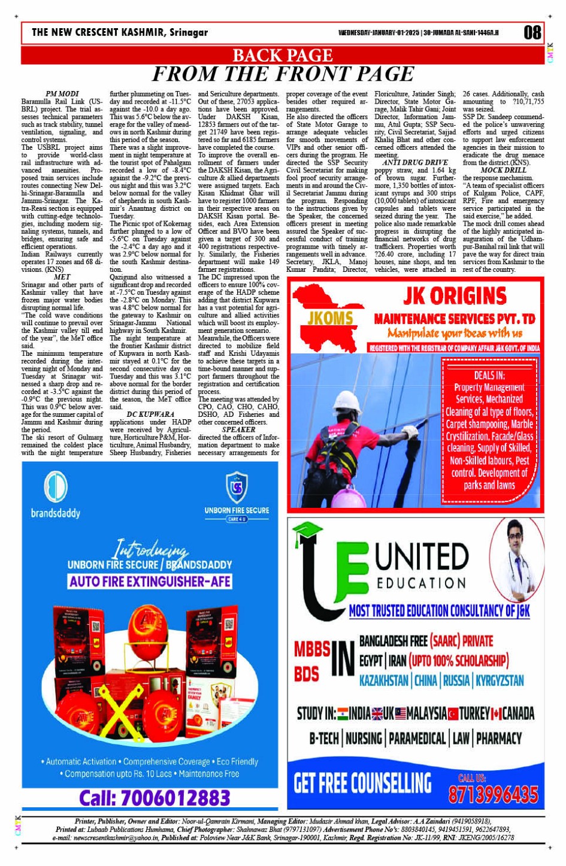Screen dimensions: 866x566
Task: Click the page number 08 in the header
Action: pos(532,32)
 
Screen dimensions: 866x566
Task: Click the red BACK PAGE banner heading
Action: pos(282,56)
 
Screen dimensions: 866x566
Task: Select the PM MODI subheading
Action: pos(62,94)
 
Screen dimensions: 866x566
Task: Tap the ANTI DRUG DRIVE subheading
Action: pos(415,162)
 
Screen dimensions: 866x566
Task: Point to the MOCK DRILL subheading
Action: pos(503,170)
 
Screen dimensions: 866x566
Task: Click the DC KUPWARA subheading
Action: pos(150,414)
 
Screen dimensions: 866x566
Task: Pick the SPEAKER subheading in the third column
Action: pos(238,429)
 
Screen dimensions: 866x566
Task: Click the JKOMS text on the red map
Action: pos(329,318)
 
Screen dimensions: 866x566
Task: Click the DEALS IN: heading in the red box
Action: pos(489,376)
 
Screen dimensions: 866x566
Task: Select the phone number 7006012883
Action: pos(155,798)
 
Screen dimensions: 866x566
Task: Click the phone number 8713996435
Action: pos(493,794)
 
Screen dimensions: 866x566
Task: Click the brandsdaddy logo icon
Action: pos(56,486)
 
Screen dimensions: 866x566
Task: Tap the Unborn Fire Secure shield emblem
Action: pos(237,487)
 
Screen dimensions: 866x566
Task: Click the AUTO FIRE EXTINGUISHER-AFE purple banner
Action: pos(150,581)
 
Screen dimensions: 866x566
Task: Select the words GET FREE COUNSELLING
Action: pos(362,783)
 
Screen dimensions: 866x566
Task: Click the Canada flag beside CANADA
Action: pos(497,714)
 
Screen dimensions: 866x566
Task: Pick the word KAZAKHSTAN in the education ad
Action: pos(383,680)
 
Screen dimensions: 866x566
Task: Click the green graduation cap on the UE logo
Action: pos(307,531)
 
